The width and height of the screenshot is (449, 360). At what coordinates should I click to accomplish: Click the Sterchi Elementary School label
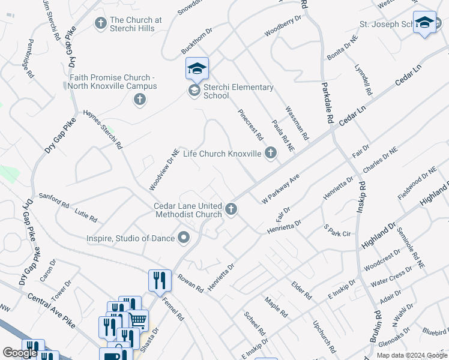pyautogui.click(x=238, y=91)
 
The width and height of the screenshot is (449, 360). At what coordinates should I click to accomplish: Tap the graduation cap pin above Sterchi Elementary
pyautogui.click(x=197, y=69)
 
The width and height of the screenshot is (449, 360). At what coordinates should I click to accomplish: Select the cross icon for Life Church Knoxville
pyautogui.click(x=270, y=154)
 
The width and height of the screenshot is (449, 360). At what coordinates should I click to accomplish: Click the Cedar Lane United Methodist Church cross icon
pyautogui.click(x=232, y=209)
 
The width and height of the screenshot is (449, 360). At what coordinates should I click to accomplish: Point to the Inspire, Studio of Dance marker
pyautogui.click(x=184, y=238)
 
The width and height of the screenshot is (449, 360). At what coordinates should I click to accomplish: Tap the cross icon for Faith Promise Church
pyautogui.click(x=139, y=99)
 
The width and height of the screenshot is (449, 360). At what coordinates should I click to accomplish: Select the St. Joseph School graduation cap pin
pyautogui.click(x=424, y=23)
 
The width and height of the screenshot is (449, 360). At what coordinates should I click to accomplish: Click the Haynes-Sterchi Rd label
pyautogui.click(x=103, y=128)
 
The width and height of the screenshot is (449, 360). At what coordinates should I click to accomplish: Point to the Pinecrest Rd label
pyautogui.click(x=250, y=124)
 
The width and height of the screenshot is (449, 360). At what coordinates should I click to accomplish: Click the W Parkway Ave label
pyautogui.click(x=280, y=189)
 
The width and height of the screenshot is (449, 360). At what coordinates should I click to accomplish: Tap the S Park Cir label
pyautogui.click(x=336, y=230)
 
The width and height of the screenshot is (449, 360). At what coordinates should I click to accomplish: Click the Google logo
pyautogui.click(x=20, y=353)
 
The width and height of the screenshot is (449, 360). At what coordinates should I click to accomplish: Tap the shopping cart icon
pyautogui.click(x=139, y=320)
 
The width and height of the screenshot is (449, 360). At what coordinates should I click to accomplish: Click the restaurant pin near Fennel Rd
pyautogui.click(x=158, y=280)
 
